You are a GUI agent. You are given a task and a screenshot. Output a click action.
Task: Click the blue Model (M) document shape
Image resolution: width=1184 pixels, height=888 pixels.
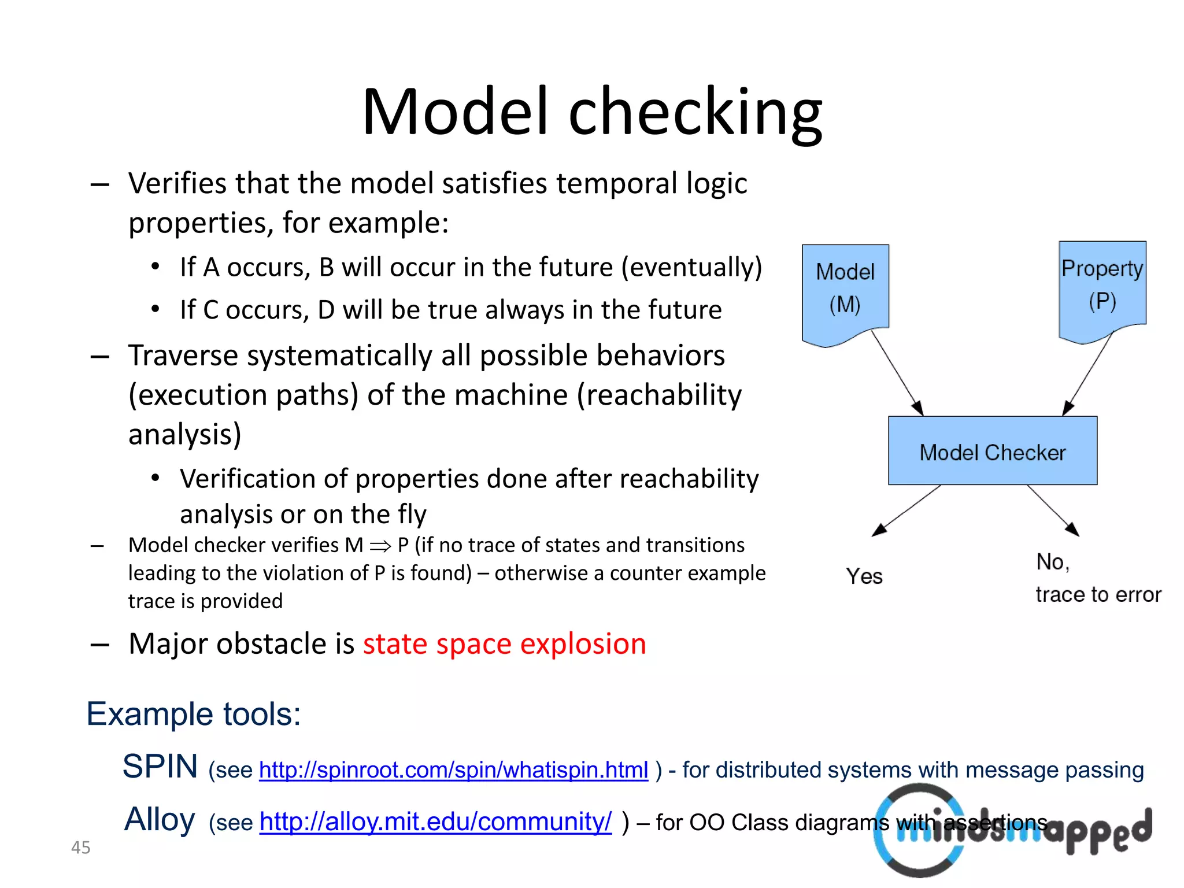coord(845,289)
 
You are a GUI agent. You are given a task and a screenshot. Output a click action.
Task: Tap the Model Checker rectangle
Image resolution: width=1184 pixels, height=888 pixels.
coord(992,451)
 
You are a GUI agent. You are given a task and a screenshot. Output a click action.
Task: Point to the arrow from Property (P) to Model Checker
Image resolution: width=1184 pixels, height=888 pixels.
coord(1088,373)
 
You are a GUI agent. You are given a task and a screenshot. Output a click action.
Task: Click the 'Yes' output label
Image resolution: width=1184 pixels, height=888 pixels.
coord(864,576)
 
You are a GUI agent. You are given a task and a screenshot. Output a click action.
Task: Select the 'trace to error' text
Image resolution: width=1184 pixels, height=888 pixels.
coord(1098,594)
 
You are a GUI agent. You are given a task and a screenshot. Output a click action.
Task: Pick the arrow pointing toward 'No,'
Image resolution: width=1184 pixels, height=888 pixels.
coord(1052,510)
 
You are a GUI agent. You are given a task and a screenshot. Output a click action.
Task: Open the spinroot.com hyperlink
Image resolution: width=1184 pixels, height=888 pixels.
coord(453,770)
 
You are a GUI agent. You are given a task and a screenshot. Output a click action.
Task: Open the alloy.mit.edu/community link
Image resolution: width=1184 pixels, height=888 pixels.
coord(435,822)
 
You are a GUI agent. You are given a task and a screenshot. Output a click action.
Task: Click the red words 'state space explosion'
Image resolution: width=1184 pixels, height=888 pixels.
coord(504,644)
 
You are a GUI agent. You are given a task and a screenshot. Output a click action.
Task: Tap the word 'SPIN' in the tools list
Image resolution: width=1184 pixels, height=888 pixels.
coord(160,767)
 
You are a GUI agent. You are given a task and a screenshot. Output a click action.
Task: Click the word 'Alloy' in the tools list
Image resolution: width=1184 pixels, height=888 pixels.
coord(160,819)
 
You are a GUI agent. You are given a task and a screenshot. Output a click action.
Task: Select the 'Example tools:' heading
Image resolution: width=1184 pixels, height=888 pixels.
coord(194,714)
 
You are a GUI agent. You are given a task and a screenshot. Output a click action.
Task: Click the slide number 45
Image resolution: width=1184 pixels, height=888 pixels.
coord(80,848)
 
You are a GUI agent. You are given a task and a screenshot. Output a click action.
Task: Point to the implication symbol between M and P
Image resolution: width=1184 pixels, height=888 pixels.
coord(380,546)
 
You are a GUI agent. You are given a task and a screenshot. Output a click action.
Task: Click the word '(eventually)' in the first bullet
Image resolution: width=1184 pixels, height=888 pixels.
coord(691,267)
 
